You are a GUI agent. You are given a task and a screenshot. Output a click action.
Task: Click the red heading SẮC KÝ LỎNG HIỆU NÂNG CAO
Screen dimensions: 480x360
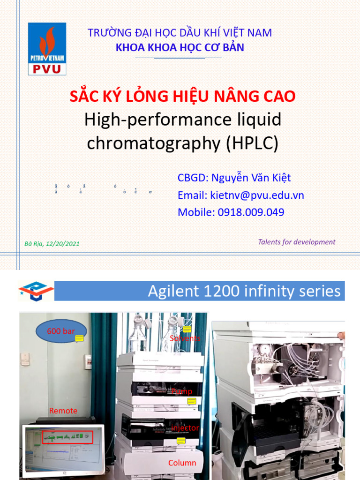pyautogui.click(x=183, y=97)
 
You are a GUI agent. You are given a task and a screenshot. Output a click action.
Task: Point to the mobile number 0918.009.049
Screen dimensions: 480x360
pyautogui.click(x=251, y=212)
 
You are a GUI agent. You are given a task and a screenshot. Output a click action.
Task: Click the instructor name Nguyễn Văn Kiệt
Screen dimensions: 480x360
pyautogui.click(x=251, y=178)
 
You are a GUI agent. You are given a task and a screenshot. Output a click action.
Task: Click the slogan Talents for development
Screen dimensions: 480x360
pyautogui.click(x=296, y=242)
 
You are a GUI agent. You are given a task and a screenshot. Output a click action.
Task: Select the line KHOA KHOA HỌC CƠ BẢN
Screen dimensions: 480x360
pyautogui.click(x=180, y=48)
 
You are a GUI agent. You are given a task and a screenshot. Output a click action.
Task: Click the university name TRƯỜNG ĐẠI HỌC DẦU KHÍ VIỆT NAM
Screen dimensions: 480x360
pyautogui.click(x=180, y=33)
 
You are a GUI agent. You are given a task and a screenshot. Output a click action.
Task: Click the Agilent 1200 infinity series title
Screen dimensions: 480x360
pyautogui.click(x=244, y=292)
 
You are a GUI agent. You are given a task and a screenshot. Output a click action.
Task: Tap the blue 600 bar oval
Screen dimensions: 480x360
pyautogui.click(x=61, y=331)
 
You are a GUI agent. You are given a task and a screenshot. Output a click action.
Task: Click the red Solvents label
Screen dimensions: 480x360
pyautogui.click(x=185, y=338)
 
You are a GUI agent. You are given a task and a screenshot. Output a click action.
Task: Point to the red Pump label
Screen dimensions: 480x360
pyautogui.click(x=182, y=391)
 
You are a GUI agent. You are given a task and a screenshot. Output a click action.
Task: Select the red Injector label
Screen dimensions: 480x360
pyautogui.click(x=185, y=428)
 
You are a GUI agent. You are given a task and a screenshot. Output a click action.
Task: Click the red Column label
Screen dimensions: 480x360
pyautogui.click(x=182, y=463)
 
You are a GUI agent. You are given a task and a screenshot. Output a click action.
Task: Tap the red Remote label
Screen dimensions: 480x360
pyautogui.click(x=63, y=411)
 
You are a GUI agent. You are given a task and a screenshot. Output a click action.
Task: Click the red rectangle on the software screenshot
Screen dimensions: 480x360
pyautogui.click(x=67, y=437)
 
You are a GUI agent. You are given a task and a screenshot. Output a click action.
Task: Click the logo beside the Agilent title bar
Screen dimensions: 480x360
pyautogui.click(x=36, y=291)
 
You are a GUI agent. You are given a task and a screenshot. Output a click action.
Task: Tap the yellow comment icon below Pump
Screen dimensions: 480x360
pyautogui.click(x=191, y=402)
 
